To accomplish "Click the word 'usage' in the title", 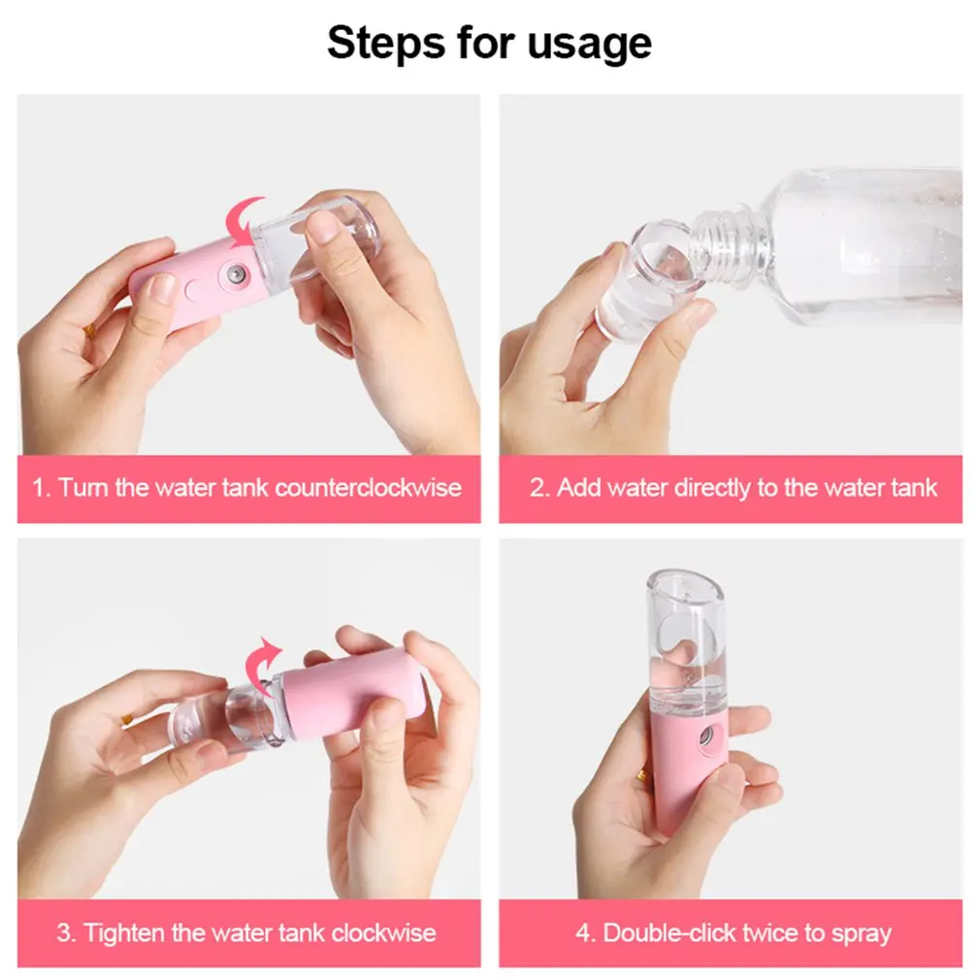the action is (x=589, y=44).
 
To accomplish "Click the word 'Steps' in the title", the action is (x=386, y=43).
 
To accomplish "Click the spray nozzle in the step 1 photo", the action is (x=236, y=274).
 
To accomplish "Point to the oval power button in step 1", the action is (x=194, y=289).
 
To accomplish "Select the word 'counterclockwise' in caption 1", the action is (x=368, y=487).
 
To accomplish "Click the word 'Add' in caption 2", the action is (x=578, y=487).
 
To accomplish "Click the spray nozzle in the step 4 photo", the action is (x=707, y=735).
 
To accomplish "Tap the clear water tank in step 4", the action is (x=687, y=643).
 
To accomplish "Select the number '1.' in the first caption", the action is (x=42, y=487).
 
